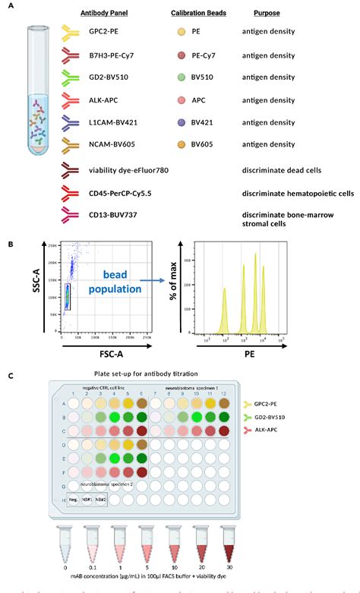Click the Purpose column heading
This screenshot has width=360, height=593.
(267, 14)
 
